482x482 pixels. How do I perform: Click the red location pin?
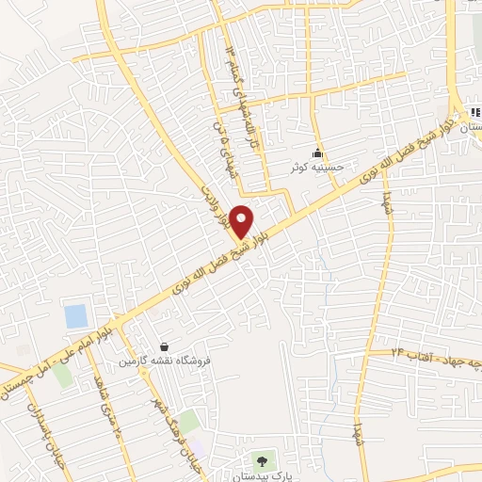pos(242,219)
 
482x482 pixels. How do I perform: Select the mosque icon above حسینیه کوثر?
pos(318,153)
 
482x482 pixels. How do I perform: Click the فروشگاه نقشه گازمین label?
pos(165,361)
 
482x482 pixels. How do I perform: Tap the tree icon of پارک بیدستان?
pos(262,461)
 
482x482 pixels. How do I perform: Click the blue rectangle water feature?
pos(76,315)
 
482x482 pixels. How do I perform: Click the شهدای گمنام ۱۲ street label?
pos(229,65)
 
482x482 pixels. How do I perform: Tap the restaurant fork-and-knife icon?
pos(474,113)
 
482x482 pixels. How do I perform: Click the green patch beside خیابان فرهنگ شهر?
pos(189,421)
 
